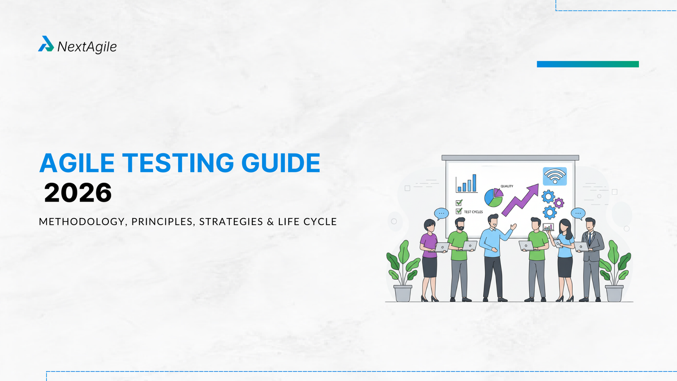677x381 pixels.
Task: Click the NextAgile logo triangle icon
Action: [46, 44]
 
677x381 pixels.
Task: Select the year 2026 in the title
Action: [78, 193]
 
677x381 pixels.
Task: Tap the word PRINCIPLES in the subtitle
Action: [162, 222]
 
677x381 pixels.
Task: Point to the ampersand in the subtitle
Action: [270, 222]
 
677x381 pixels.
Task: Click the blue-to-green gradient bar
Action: [588, 64]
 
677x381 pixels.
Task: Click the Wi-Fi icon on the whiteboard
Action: [555, 176]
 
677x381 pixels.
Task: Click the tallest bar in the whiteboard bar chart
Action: [474, 183]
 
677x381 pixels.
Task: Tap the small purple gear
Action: [559, 203]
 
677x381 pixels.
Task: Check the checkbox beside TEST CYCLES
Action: [459, 211]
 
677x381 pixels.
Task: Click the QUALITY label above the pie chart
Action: [506, 186]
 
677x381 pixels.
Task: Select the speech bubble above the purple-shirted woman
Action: [441, 213]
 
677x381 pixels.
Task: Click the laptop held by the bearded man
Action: [469, 246]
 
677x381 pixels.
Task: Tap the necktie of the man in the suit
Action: [589, 238]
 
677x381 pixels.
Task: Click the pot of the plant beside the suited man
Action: [614, 293]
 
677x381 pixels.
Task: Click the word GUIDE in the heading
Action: [281, 163]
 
